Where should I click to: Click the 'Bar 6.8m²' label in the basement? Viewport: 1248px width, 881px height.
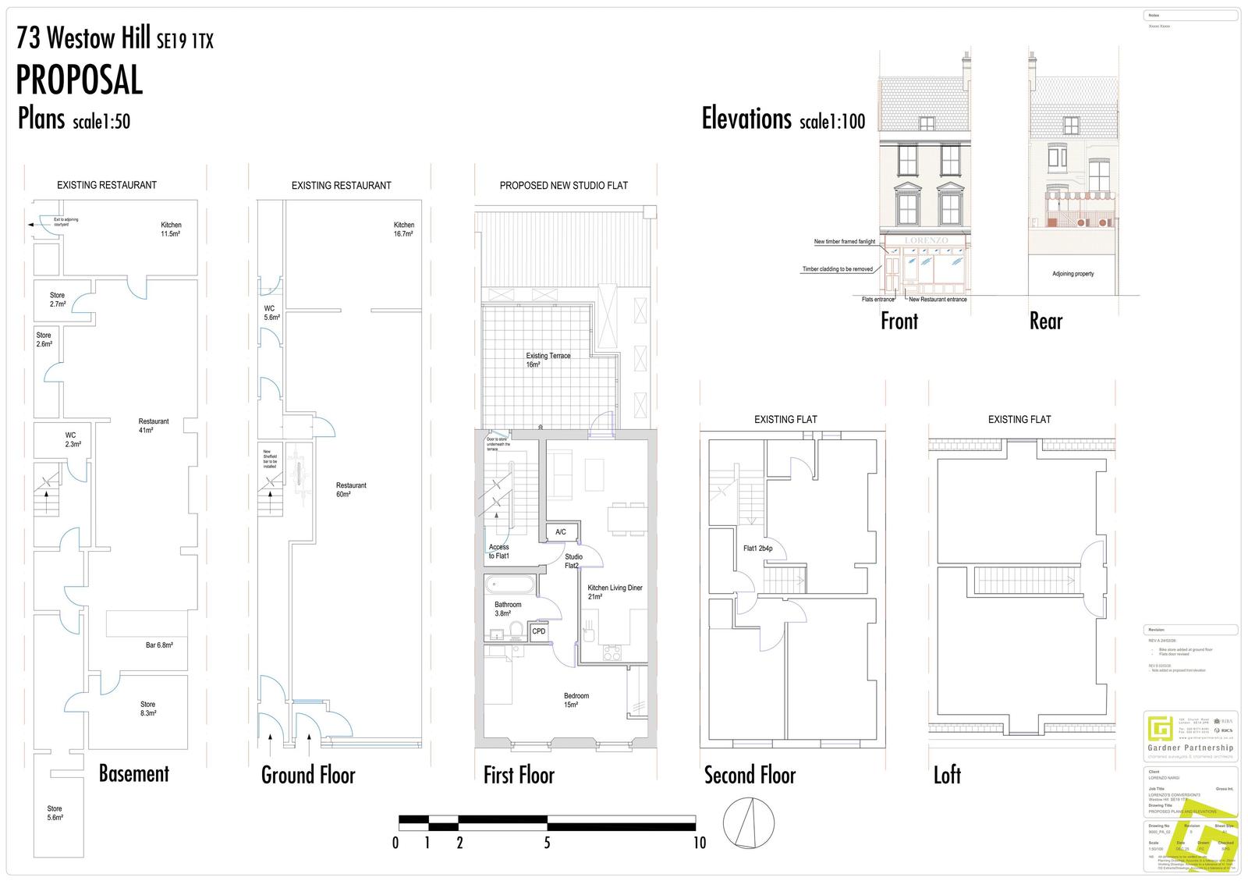[x=159, y=645]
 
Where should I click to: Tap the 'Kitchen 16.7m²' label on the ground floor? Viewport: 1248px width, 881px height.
[x=403, y=229]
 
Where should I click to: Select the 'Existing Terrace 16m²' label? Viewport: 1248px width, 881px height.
[x=548, y=360]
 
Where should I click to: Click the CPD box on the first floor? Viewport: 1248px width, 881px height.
[x=539, y=631]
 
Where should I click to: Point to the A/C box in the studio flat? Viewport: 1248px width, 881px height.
[x=561, y=532]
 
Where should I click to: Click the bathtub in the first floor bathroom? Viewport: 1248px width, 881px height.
[x=510, y=585]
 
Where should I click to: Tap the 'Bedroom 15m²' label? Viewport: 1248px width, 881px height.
[x=576, y=700]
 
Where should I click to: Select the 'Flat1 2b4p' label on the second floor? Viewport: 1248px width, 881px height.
[x=757, y=549]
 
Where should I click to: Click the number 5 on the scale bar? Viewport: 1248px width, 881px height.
[x=547, y=843]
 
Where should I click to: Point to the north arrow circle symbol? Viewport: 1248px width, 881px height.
[x=749, y=822]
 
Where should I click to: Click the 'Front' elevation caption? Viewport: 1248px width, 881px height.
[x=899, y=321]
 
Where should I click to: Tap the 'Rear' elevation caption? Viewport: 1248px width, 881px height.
[x=1046, y=321]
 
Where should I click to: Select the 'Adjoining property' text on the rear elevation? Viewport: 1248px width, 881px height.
[x=1072, y=274]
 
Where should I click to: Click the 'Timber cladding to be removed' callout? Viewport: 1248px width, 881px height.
[x=837, y=269]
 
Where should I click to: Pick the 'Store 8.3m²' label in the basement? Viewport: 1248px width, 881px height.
[x=147, y=709]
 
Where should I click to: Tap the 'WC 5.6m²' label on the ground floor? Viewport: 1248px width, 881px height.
[x=271, y=313]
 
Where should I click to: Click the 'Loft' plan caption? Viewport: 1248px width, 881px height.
[x=947, y=775]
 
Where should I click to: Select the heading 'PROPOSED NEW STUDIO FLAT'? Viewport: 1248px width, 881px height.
[x=563, y=186]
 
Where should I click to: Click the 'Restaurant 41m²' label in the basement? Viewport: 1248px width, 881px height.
[x=154, y=425]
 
